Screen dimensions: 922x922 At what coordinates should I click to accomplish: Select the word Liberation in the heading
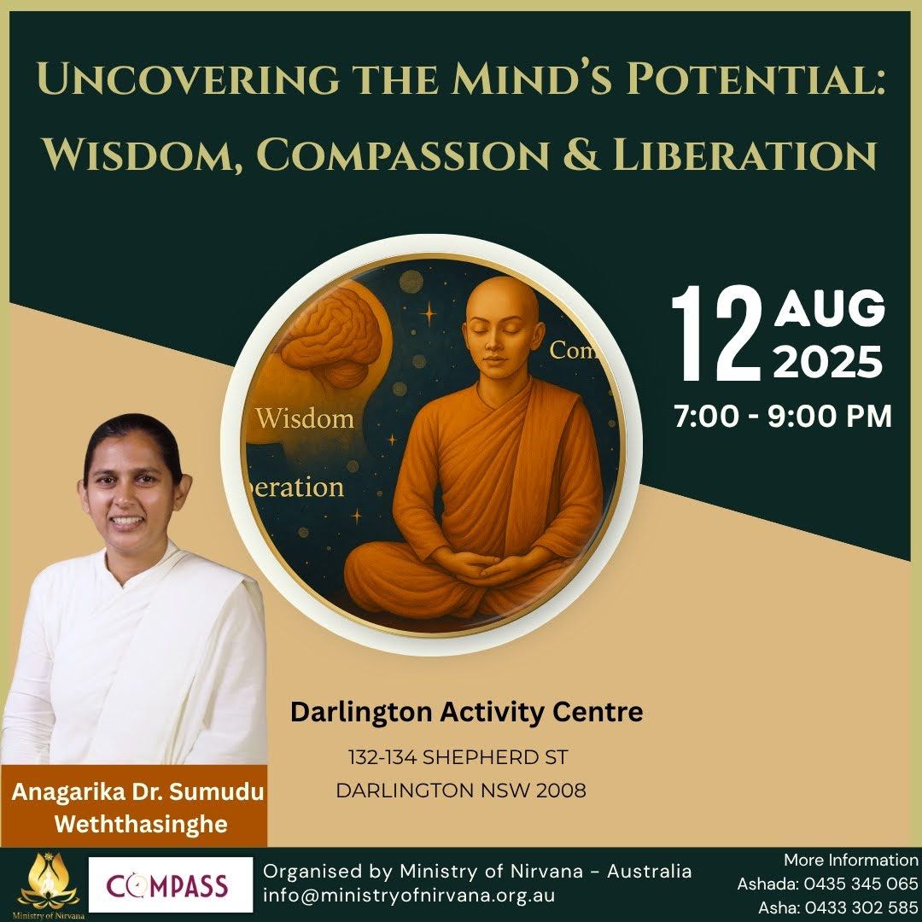pyautogui.click(x=744, y=155)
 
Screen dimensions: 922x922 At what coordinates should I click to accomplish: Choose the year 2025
pyautogui.click(x=828, y=361)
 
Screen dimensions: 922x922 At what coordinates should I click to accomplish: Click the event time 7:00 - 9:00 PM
pyautogui.click(x=783, y=417)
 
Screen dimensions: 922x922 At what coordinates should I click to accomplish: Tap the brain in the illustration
pyautogui.click(x=332, y=336)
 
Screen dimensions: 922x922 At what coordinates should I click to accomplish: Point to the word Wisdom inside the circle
pyautogui.click(x=305, y=418)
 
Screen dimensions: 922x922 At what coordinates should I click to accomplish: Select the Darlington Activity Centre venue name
pyautogui.click(x=466, y=712)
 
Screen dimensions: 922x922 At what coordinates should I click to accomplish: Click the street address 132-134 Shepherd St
pyautogui.click(x=458, y=757)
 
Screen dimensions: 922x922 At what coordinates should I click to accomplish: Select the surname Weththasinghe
pyautogui.click(x=141, y=825)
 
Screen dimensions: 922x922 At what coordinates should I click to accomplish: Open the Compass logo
pyautogui.click(x=171, y=884)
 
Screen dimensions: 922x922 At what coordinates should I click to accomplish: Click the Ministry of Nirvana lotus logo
pyautogui.click(x=48, y=884)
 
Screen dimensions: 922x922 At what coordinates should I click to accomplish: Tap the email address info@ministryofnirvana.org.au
pyautogui.click(x=409, y=896)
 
